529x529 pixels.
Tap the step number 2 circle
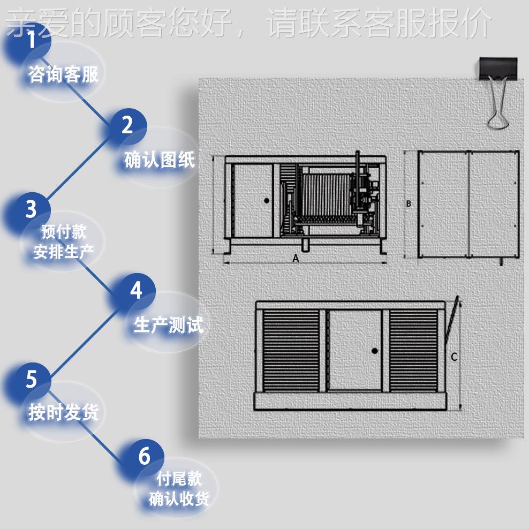point(127,126)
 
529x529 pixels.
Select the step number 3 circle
point(31,209)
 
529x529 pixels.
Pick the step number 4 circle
point(136,291)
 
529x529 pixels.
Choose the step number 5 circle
point(31,379)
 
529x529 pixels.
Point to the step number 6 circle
point(144,456)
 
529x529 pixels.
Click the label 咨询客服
point(63,74)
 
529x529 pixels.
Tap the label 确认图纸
point(160,160)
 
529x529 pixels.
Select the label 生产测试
point(168,325)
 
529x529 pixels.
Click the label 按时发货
point(63,412)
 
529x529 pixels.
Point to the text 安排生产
point(63,252)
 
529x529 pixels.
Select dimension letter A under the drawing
point(296,258)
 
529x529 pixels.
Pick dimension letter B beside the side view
point(409,203)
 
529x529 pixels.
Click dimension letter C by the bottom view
point(454,357)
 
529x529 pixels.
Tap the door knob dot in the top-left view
point(267,200)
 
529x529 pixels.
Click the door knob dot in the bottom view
point(374,350)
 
